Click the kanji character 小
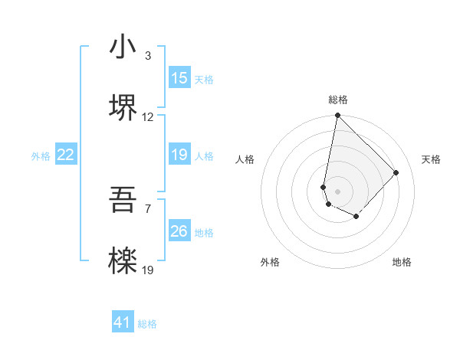coord(123,48)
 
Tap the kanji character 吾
coord(123,202)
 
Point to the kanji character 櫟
coord(123,261)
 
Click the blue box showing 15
coord(179,78)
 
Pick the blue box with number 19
coord(179,155)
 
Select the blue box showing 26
coord(179,231)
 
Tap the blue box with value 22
coord(66,155)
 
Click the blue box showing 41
coord(123,323)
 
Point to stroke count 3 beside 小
coord(147,56)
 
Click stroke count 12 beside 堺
coord(148,117)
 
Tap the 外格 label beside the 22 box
coord(41,156)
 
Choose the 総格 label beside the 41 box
coord(147,325)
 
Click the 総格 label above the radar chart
coord(338,100)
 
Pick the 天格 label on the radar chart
coord(431,159)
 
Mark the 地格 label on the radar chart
coord(402,262)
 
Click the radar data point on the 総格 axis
coord(337,116)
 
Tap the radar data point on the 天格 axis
coord(396,172)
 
